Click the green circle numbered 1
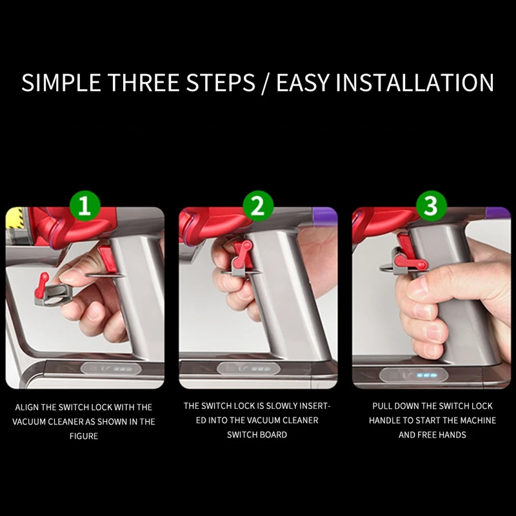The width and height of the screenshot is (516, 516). [x=85, y=206]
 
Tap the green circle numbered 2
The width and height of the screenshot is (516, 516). [x=258, y=206]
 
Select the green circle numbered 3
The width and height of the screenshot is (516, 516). [x=432, y=206]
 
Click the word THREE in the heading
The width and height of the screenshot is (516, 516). [x=144, y=83]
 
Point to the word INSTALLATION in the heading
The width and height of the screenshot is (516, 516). [x=415, y=83]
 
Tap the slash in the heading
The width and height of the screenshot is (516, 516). [x=265, y=84]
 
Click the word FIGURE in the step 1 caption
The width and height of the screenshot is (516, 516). [x=84, y=436]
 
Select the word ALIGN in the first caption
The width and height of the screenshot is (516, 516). [x=26, y=408]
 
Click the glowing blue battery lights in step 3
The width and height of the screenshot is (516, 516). [x=427, y=375]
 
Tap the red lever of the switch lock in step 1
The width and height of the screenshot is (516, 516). [x=41, y=285]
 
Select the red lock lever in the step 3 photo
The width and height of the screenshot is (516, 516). [x=411, y=262]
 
